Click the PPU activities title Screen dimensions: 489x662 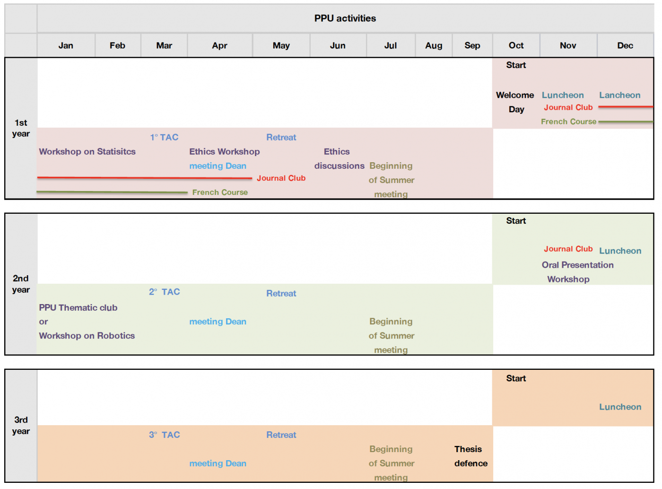click(x=345, y=18)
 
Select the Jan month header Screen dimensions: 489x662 click(x=66, y=45)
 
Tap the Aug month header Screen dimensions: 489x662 click(x=434, y=45)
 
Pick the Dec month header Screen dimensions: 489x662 click(x=625, y=45)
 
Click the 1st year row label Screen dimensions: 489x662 click(x=21, y=128)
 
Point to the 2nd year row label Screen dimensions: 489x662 click(x=21, y=284)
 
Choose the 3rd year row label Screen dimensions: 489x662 click(x=21, y=425)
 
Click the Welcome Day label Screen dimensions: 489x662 click(x=515, y=102)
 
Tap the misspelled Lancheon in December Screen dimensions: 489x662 click(x=620, y=95)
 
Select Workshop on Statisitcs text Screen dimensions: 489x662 click(x=87, y=152)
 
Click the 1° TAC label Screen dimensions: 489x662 click(x=164, y=138)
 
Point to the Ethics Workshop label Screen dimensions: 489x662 click(x=225, y=152)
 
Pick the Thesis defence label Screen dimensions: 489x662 click(x=470, y=456)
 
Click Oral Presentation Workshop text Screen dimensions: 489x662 click(x=577, y=272)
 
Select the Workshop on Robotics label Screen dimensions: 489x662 click(x=87, y=336)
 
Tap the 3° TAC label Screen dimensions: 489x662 click(x=164, y=435)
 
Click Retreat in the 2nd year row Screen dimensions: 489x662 click(x=281, y=293)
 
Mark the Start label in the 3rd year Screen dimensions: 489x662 click(x=516, y=378)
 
